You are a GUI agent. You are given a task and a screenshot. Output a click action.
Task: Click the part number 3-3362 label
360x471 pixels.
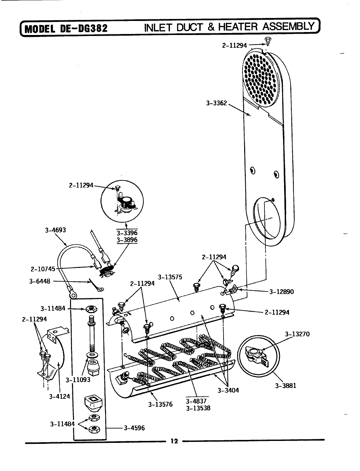[x=216, y=103]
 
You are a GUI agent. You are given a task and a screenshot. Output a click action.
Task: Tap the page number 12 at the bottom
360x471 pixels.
[x=174, y=441]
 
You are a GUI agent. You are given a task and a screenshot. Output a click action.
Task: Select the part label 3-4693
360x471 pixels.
[x=55, y=230]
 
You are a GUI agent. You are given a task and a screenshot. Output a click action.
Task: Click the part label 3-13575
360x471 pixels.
[x=170, y=277]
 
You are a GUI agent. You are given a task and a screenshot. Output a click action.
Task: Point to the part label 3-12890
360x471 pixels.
[x=281, y=292]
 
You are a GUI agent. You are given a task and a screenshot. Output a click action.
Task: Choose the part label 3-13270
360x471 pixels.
[x=297, y=334]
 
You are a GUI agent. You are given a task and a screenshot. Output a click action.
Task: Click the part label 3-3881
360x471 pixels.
[x=285, y=385]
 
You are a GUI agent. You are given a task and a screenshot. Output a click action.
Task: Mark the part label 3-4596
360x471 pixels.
[x=134, y=428]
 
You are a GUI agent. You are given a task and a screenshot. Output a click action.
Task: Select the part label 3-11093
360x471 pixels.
[x=78, y=380]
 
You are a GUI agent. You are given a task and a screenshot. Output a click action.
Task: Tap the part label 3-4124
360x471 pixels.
[x=60, y=397]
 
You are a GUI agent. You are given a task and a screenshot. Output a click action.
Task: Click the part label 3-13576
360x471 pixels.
[x=160, y=404]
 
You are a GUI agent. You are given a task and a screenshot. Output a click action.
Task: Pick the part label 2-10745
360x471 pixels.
[x=44, y=269]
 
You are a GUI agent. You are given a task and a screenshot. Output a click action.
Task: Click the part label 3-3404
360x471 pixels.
[x=228, y=390]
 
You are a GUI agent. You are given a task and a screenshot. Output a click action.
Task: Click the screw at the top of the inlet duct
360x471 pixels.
[x=267, y=41]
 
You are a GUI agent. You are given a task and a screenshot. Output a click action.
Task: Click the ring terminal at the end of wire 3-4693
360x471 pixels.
[x=73, y=295]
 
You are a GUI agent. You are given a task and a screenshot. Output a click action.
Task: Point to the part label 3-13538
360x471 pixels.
[x=198, y=408]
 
